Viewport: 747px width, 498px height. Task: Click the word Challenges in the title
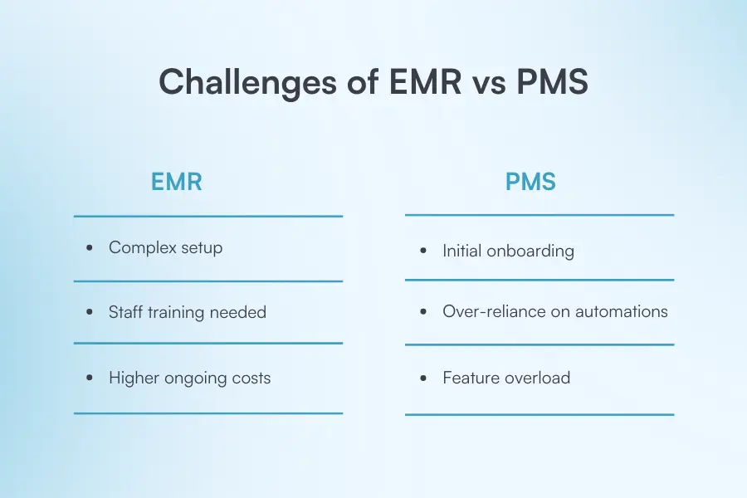coord(247,82)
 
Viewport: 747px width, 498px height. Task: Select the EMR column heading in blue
coord(176,182)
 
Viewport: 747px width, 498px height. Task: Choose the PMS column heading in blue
coord(530,182)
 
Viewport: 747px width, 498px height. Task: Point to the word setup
coord(202,248)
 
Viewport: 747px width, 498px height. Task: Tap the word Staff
coord(126,312)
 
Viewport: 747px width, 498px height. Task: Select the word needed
coord(237,312)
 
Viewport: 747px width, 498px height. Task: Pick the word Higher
coord(134,378)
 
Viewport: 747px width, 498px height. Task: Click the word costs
coord(251,378)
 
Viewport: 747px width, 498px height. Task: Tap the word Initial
coord(461,251)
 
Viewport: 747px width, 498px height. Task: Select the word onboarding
coord(530,251)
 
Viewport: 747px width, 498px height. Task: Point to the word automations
coord(621,311)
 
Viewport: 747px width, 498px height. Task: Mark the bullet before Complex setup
coord(90,248)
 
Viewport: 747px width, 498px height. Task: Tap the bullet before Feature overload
coord(423,378)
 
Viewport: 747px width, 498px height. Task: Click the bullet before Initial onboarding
coord(423,251)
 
